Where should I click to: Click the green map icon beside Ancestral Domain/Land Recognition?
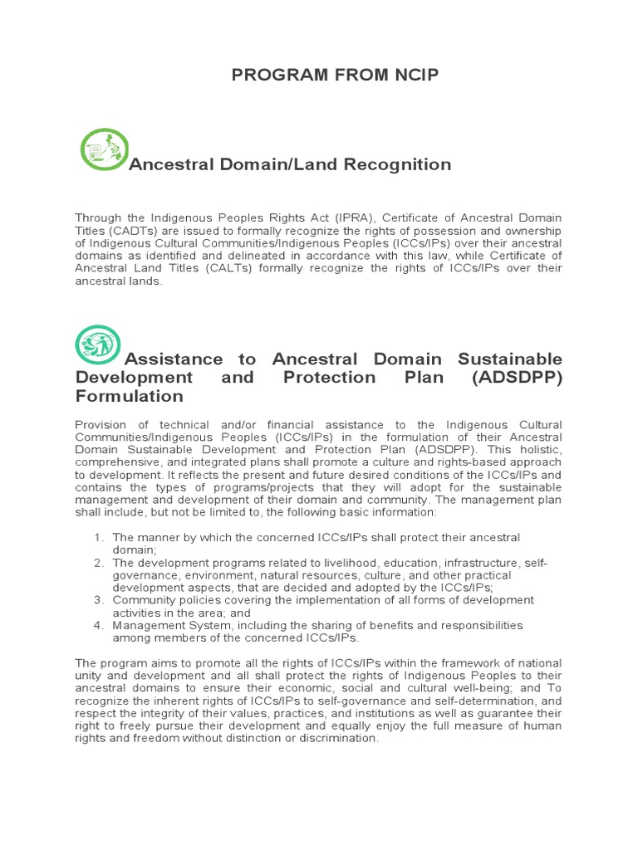[x=104, y=149]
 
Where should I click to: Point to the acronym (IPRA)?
[x=309, y=217]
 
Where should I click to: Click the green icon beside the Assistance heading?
[x=98, y=344]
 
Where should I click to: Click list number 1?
[x=98, y=538]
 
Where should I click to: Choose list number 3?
[x=98, y=599]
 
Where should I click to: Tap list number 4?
[x=98, y=624]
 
